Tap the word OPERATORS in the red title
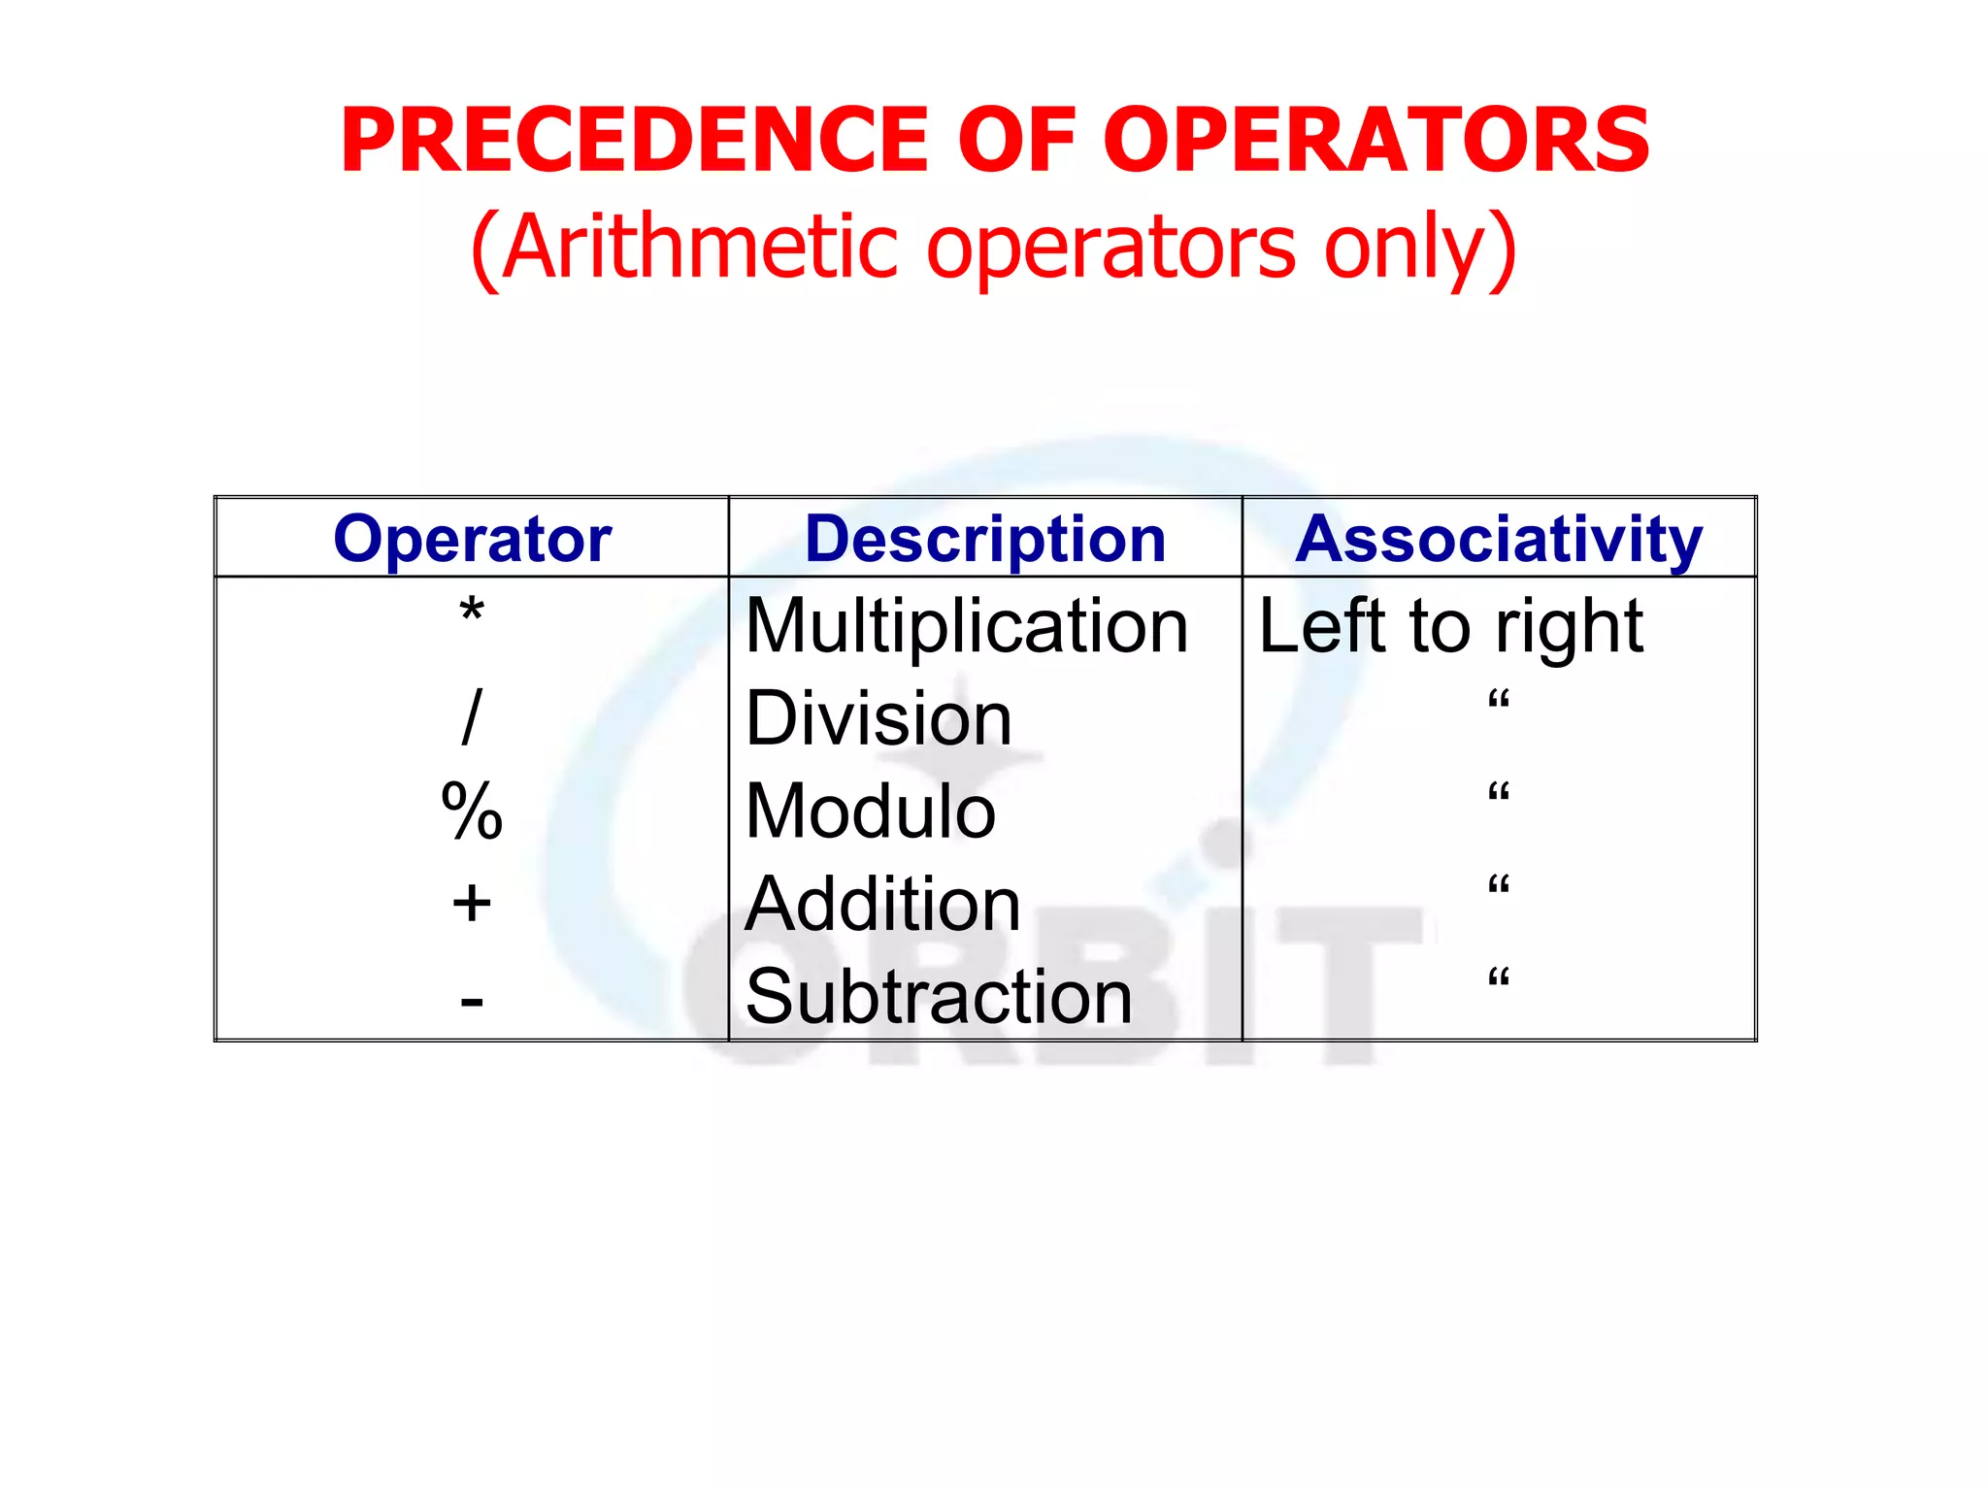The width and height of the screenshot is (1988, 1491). pos(1375,142)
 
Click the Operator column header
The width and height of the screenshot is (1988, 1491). pos(472,539)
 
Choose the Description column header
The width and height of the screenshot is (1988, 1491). pos(985,539)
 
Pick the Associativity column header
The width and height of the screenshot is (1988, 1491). pos(1499,539)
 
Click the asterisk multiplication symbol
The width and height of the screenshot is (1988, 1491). pos(472,613)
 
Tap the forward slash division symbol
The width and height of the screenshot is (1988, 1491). pos(472,718)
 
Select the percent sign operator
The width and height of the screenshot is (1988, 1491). pos(472,812)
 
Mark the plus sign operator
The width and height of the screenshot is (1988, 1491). pos(472,904)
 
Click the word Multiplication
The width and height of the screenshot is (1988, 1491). pos(967,627)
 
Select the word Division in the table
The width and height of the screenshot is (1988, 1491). pos(878,719)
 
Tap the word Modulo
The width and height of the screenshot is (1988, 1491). pos(871,812)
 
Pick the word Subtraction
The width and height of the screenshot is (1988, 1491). pos(939,997)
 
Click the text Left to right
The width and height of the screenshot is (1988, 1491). pos(1450,626)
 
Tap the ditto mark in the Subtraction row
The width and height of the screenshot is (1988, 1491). pos(1499,977)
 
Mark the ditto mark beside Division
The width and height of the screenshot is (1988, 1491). pos(1499,699)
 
